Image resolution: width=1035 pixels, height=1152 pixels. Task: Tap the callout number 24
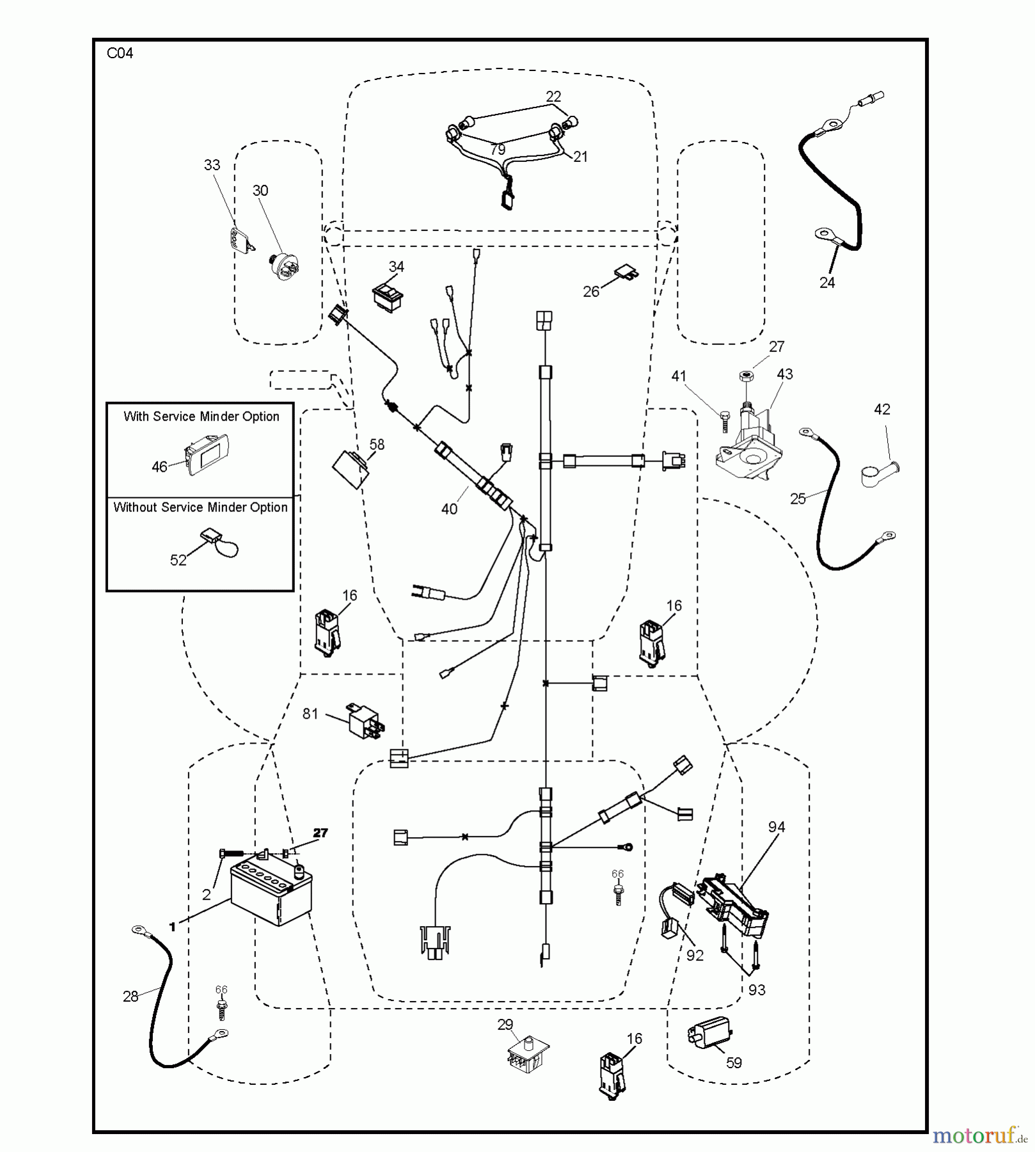pos(827,282)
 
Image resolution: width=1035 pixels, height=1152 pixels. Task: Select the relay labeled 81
pos(363,721)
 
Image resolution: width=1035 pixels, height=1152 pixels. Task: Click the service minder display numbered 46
pos(206,454)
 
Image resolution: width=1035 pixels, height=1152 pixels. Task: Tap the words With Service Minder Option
pos(201,417)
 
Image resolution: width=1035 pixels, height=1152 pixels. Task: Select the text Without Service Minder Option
pos(200,508)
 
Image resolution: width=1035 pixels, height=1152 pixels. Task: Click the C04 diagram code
pos(120,53)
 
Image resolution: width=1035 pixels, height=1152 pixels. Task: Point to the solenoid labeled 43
pos(749,442)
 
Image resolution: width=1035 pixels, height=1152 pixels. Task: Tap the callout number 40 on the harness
pos(449,509)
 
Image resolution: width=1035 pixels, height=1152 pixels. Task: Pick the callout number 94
pos(777,827)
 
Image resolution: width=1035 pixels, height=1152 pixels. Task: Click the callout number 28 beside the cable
pos(130,996)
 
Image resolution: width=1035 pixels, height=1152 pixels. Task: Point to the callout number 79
pos(498,150)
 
